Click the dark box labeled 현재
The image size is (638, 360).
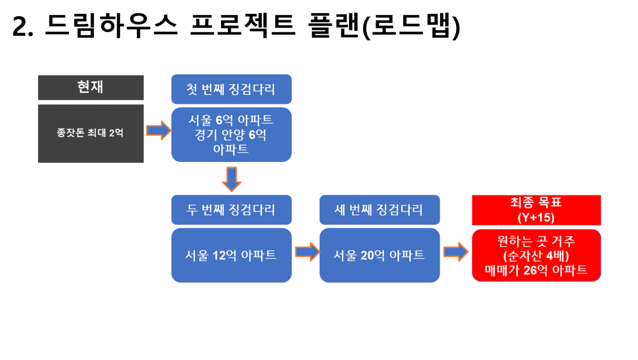tap(91, 87)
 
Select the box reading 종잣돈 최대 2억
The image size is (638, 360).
tap(91, 134)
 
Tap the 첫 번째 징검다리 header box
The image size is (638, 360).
tap(231, 89)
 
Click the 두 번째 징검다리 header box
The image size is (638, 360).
tap(231, 210)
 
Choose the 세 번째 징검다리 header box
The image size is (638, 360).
tap(380, 210)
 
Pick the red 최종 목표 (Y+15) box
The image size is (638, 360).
tap(536, 210)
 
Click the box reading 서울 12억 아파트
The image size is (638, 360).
tap(231, 255)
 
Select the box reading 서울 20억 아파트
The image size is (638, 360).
tap(380, 255)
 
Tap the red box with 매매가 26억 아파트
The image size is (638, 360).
tap(536, 255)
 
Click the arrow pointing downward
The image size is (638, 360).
tap(231, 180)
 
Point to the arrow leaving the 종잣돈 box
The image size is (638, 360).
tap(159, 131)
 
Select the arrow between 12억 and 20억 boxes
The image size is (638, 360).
tap(308, 252)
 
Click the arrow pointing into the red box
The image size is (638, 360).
tap(456, 252)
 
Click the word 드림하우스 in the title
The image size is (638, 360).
tap(111, 26)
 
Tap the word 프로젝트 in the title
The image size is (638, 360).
tap(243, 26)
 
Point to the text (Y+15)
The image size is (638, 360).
tap(536, 218)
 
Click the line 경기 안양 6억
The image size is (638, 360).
tap(230, 135)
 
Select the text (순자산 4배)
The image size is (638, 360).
tap(536, 256)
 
